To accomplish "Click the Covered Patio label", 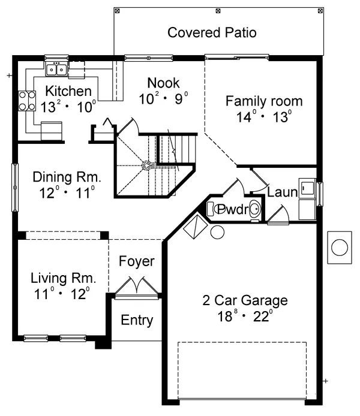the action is coord(212,32).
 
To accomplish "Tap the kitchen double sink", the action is coord(56,70).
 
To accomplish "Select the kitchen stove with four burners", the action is coord(27,101).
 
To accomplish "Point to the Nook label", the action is coord(163,83).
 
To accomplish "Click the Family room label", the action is coord(264,101).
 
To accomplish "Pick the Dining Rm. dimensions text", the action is coord(67,193).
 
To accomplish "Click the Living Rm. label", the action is coord(63,278).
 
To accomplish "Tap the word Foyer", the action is coord(136,261).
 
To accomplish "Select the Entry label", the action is coord(137,320).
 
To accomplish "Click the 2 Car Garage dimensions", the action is coord(245,316).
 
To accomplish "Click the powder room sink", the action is coord(256,209).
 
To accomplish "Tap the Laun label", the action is coord(282,192).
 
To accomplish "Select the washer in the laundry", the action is coord(307,188).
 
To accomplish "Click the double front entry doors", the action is coord(137,288).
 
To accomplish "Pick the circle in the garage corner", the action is coord(217,232).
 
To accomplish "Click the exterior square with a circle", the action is coord(340,248).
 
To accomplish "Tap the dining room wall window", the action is coord(15,187).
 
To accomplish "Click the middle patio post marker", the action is coord(218,11).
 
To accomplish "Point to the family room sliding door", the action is coord(236,57).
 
